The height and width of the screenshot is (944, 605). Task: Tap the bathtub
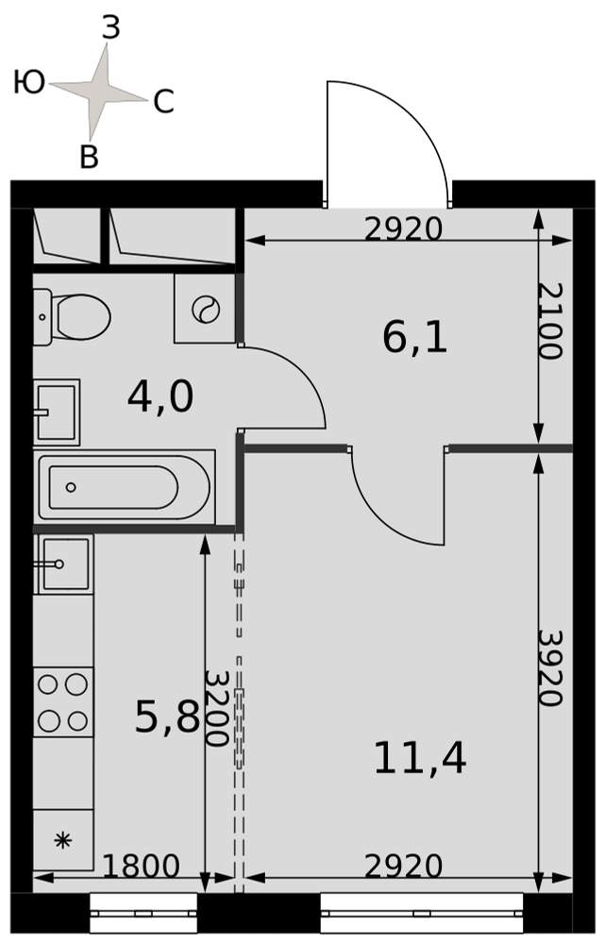pos(126,487)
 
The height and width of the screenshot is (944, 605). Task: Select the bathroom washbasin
pos(57,412)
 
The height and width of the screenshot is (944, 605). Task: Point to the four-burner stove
pos(63,702)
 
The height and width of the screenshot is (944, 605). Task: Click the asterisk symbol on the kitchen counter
pos(62,840)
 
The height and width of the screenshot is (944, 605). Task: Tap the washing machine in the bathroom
pos(205,309)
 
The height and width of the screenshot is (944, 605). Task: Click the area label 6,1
pos(414,338)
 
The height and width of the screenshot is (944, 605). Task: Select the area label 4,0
pos(160,397)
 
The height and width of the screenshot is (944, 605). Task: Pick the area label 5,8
pos(167,717)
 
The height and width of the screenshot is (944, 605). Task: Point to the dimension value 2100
pos(549,321)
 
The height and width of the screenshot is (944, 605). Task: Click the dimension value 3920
pos(549,667)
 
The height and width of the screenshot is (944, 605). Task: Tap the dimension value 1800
pos(141,867)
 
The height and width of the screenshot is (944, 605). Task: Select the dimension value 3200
pos(215,708)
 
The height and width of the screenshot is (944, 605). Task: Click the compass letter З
pos(111,28)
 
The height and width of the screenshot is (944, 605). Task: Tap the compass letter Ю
pos(29,82)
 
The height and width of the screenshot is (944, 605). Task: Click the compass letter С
pos(163,102)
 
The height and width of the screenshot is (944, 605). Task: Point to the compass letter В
pos(89,157)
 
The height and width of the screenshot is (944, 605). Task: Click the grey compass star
pos(97,92)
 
